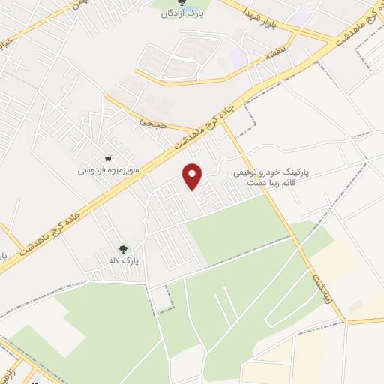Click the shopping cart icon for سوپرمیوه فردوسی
tap(109, 158)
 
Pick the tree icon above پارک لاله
tap(123, 248)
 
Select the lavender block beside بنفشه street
tap(238, 55)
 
